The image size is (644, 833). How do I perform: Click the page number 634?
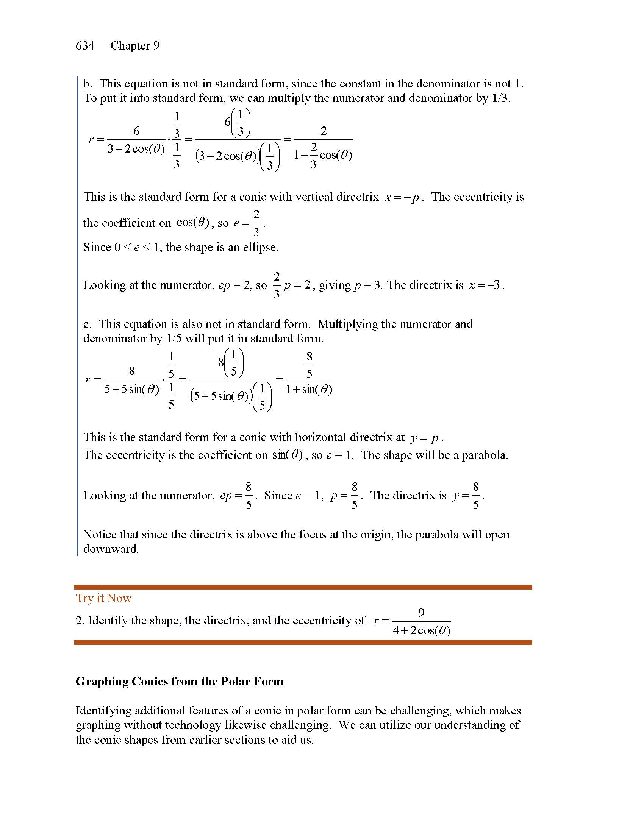(85, 46)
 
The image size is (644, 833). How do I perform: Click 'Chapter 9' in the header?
(135, 46)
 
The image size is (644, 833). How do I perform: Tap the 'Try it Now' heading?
(103, 598)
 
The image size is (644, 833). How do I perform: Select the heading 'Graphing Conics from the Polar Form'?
(179, 682)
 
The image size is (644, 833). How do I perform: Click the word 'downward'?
(111, 549)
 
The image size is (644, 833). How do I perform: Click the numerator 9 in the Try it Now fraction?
(421, 613)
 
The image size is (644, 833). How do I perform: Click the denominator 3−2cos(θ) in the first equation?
(136, 149)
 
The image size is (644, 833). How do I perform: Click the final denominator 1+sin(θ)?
(309, 389)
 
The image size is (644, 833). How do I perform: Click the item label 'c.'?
(88, 324)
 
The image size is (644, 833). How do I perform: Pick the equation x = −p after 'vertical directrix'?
(402, 197)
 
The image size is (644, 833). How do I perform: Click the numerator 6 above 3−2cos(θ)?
(136, 131)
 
